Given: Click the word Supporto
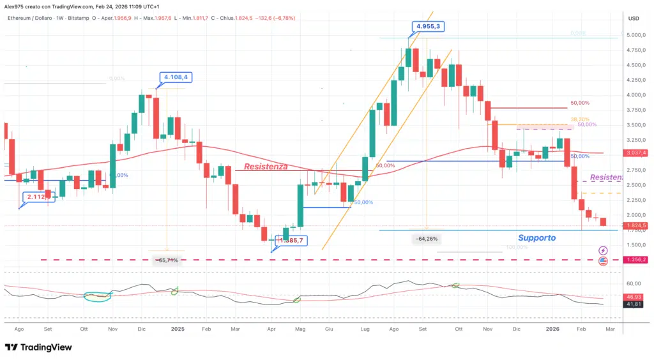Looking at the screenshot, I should coord(536,237).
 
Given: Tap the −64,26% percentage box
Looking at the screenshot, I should coord(425,239).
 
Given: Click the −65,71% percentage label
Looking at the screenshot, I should coord(167,260).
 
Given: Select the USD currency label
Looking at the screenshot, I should coord(634,18).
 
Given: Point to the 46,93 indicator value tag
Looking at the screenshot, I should coord(634,297).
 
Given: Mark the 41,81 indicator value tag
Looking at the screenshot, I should coord(634,306).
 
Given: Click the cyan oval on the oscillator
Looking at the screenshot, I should coord(99,296).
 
